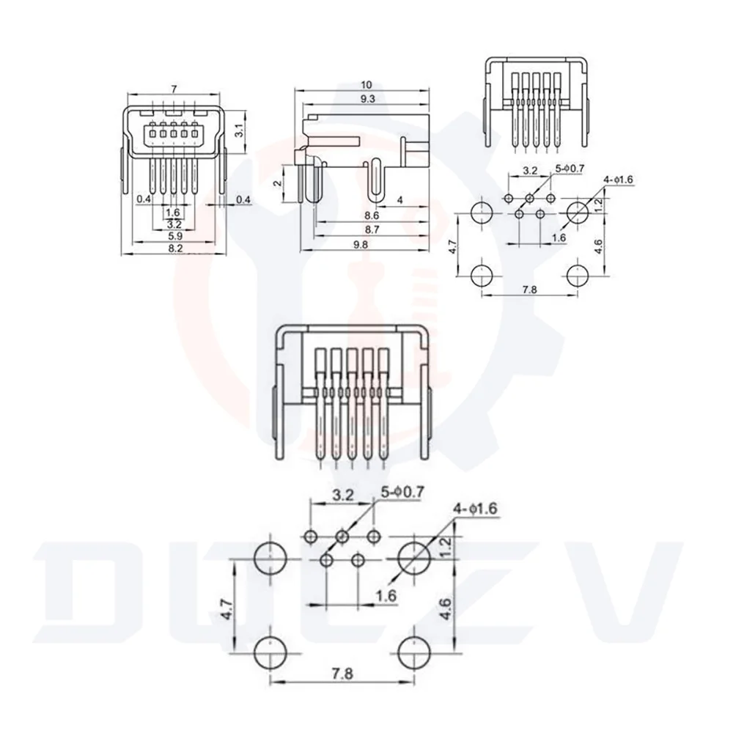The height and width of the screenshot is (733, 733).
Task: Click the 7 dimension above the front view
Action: click(x=174, y=89)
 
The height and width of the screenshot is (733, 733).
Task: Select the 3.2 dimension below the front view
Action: click(x=174, y=224)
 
